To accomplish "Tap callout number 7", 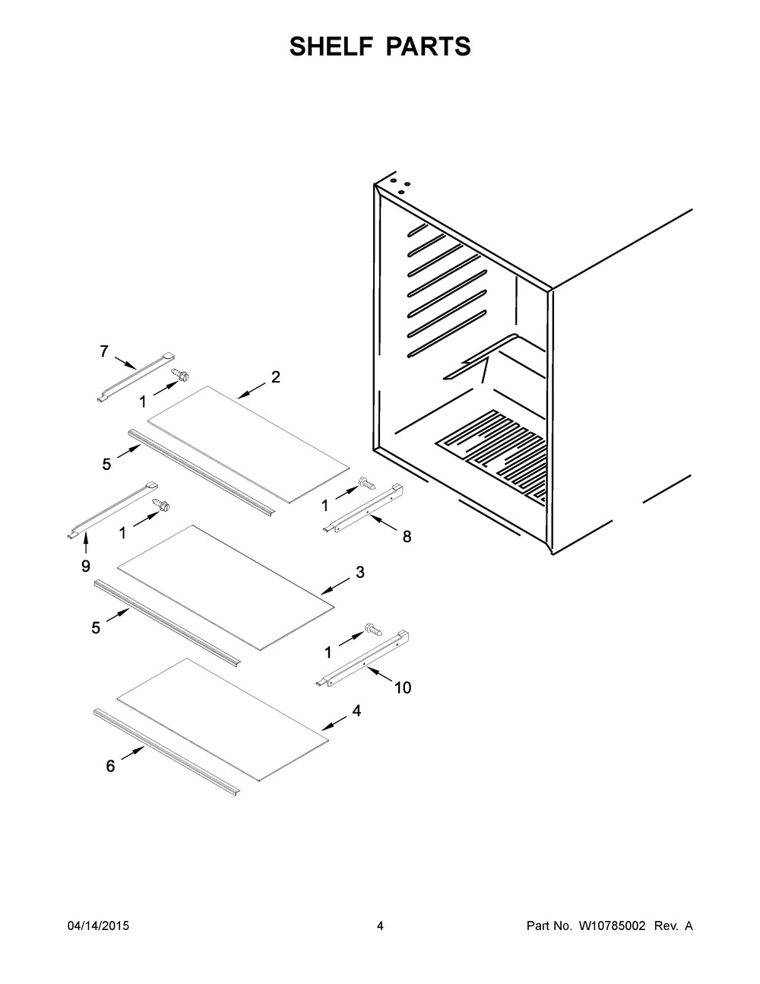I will pos(104,351).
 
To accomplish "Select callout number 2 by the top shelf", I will pos(275,376).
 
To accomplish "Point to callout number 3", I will pos(359,572).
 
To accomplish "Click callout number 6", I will pos(111,767).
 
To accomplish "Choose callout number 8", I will pos(407,537).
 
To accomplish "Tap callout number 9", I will pos(85,566).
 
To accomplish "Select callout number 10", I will pos(402,687).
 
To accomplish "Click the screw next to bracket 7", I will pos(181,374).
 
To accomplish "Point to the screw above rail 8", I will pos(366,483).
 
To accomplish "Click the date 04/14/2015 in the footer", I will pos(98,926).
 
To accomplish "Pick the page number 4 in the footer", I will pos(380,926).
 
